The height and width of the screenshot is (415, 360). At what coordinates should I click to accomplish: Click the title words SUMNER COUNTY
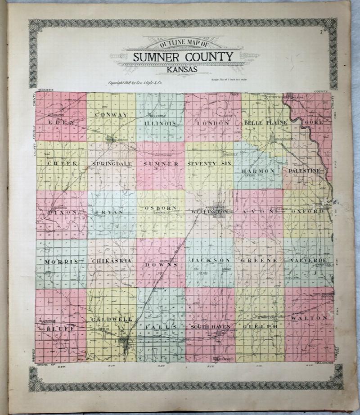[183, 57]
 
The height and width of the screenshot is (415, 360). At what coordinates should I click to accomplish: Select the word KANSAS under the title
[183, 69]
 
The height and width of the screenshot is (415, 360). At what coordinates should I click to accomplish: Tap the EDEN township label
[61, 122]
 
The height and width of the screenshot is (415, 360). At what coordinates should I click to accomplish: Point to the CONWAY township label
[111, 115]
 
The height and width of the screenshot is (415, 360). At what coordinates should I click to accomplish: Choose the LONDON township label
[213, 123]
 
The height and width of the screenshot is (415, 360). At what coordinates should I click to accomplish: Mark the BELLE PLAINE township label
[262, 123]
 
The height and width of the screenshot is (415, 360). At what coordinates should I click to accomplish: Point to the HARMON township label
[258, 171]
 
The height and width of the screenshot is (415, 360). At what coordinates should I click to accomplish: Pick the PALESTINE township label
[305, 171]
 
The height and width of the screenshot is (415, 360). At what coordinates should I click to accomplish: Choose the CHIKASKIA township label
[111, 261]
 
